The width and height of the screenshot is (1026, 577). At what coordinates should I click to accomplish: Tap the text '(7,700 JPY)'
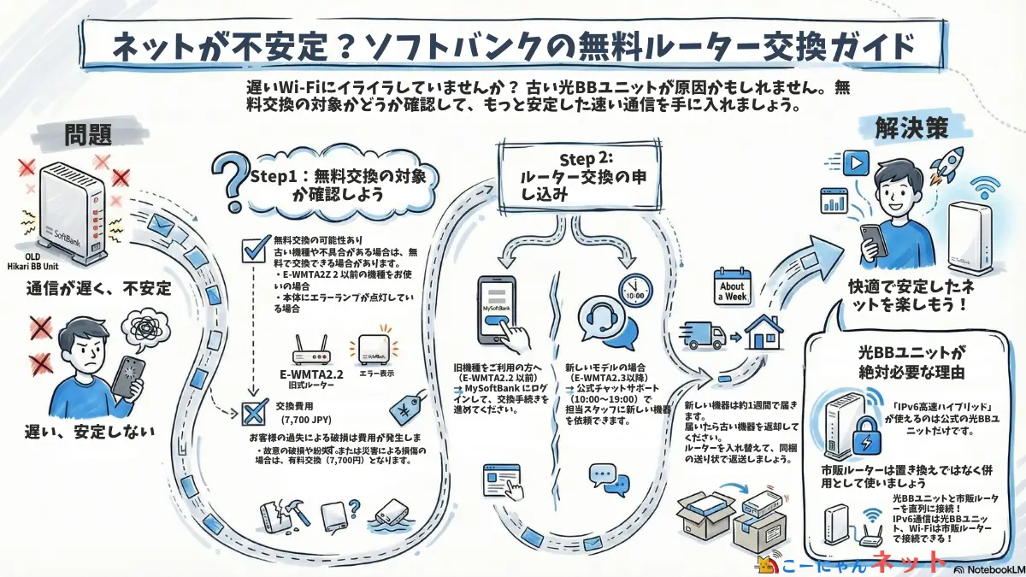308,420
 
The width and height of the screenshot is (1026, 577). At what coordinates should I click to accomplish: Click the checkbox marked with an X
255,414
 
